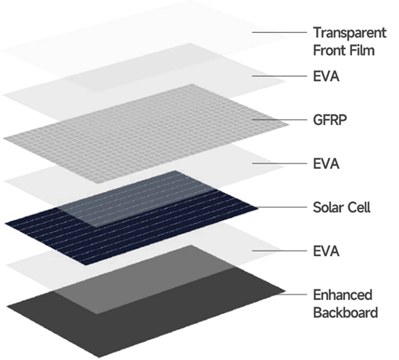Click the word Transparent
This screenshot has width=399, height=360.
350,33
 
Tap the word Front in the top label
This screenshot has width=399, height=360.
329,50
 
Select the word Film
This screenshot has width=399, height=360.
362,50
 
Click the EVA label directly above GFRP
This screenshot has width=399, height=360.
326,76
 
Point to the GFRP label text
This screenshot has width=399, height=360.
330,120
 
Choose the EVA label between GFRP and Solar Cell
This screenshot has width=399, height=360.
326,163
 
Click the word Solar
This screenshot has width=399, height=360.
327,207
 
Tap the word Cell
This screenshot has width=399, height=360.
358,207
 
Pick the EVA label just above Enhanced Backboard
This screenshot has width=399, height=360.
326,251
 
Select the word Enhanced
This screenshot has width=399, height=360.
343,295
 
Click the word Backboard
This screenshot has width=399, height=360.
345,313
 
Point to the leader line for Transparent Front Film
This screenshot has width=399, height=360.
280,32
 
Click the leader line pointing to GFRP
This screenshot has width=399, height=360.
280,119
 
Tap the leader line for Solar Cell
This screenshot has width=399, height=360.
281,207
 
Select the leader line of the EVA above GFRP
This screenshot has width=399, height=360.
280,76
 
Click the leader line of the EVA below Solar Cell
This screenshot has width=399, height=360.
280,251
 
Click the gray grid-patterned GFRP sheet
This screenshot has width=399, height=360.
146,134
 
